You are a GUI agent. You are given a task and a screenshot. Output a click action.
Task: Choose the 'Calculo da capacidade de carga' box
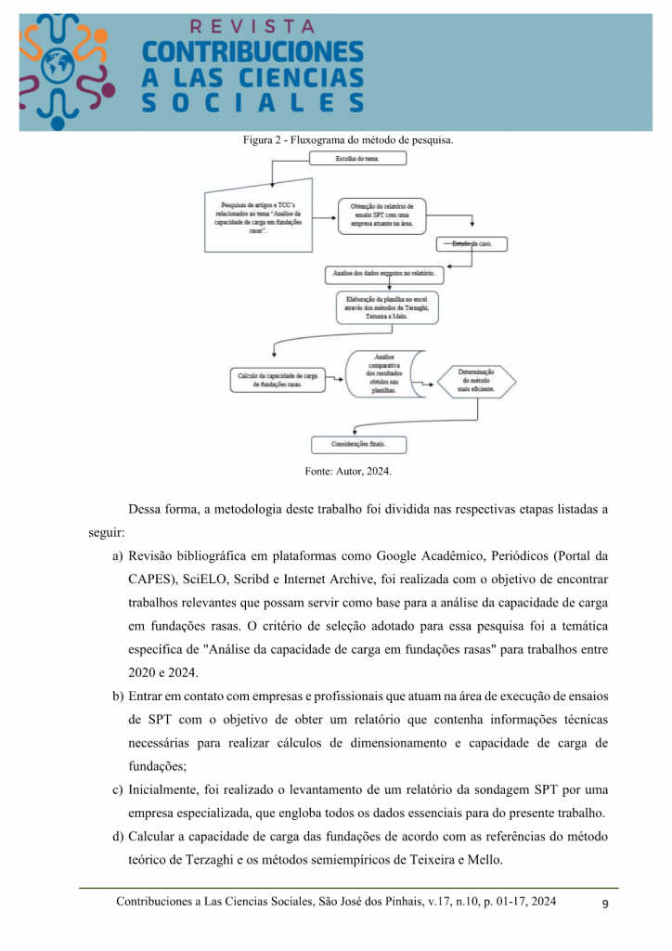tap(278, 380)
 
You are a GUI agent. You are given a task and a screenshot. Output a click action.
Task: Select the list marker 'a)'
tap(118, 557)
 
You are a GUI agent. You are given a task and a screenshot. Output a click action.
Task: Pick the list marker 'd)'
tap(118, 836)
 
